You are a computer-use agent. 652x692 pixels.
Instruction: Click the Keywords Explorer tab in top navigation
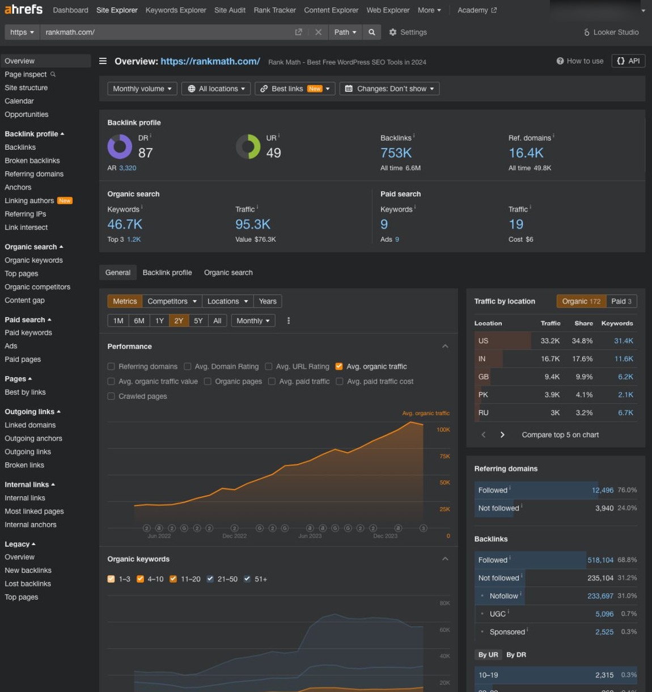pyautogui.click(x=176, y=10)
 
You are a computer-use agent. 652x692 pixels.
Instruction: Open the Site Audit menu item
pyautogui.click(x=230, y=10)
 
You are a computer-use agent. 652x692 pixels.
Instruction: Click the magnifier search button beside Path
pyautogui.click(x=371, y=32)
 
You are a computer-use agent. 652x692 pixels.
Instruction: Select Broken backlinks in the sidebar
pyautogui.click(x=32, y=161)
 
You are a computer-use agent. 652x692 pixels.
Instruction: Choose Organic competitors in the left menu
pyautogui.click(x=37, y=287)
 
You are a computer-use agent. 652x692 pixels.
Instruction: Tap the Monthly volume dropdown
pyautogui.click(x=142, y=88)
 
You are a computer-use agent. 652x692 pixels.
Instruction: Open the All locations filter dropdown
pyautogui.click(x=216, y=88)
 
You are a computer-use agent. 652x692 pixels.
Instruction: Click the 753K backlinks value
pyautogui.click(x=396, y=153)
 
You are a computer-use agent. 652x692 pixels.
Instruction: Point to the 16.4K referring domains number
pyautogui.click(x=526, y=153)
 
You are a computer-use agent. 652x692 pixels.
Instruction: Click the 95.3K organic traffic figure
pyautogui.click(x=253, y=224)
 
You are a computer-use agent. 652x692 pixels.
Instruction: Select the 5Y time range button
pyautogui.click(x=198, y=320)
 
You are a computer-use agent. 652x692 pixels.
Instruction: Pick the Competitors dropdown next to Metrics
pyautogui.click(x=172, y=301)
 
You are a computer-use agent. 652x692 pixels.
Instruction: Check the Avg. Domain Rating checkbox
pyautogui.click(x=188, y=366)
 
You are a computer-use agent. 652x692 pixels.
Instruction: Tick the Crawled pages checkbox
pyautogui.click(x=111, y=396)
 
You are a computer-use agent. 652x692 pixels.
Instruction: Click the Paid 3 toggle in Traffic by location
pyautogui.click(x=621, y=301)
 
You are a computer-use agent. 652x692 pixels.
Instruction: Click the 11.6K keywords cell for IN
pyautogui.click(x=624, y=358)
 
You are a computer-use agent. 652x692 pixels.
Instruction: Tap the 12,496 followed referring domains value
pyautogui.click(x=602, y=490)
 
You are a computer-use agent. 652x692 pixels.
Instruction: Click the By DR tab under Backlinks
pyautogui.click(x=516, y=655)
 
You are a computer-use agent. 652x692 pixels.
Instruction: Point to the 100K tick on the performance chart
pyautogui.click(x=443, y=429)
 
